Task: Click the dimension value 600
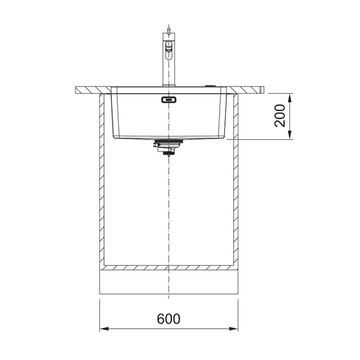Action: tap(168, 318)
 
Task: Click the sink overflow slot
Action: tap(169, 100)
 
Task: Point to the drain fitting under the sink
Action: tap(167, 147)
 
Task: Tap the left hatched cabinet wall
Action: tap(103, 182)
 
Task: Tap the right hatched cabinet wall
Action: tap(235, 182)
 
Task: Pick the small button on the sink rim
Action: tap(210, 86)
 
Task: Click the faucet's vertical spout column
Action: tap(168, 70)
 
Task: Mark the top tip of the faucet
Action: tap(168, 27)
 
